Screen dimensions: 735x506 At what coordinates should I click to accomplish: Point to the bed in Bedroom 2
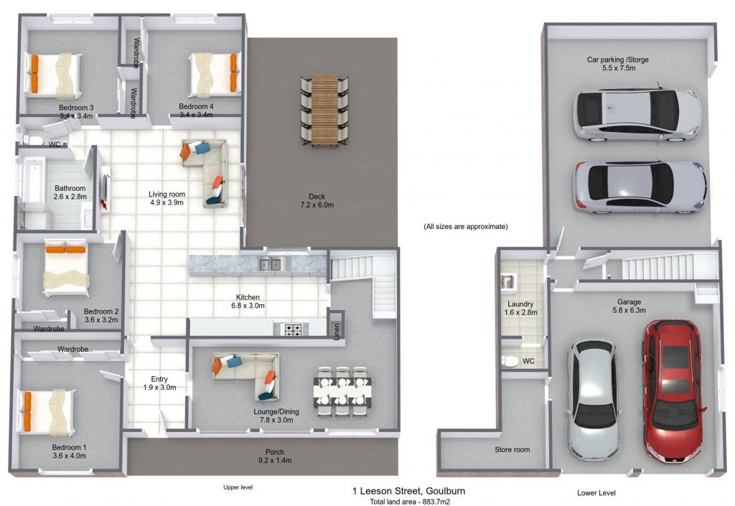point(65,269)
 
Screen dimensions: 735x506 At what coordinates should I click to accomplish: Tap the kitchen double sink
point(270,265)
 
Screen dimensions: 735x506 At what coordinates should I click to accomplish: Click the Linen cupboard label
point(337,332)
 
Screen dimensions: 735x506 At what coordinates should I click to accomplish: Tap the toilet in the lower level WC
point(510,361)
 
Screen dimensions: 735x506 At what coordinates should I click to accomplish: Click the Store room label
point(512,450)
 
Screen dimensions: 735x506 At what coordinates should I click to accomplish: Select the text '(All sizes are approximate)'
point(465,227)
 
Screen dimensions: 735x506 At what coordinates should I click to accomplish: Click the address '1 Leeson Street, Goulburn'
point(408,491)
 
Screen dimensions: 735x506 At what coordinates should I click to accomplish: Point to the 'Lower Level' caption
point(596,493)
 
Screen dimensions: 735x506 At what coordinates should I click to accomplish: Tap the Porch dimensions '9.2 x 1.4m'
point(275,461)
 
